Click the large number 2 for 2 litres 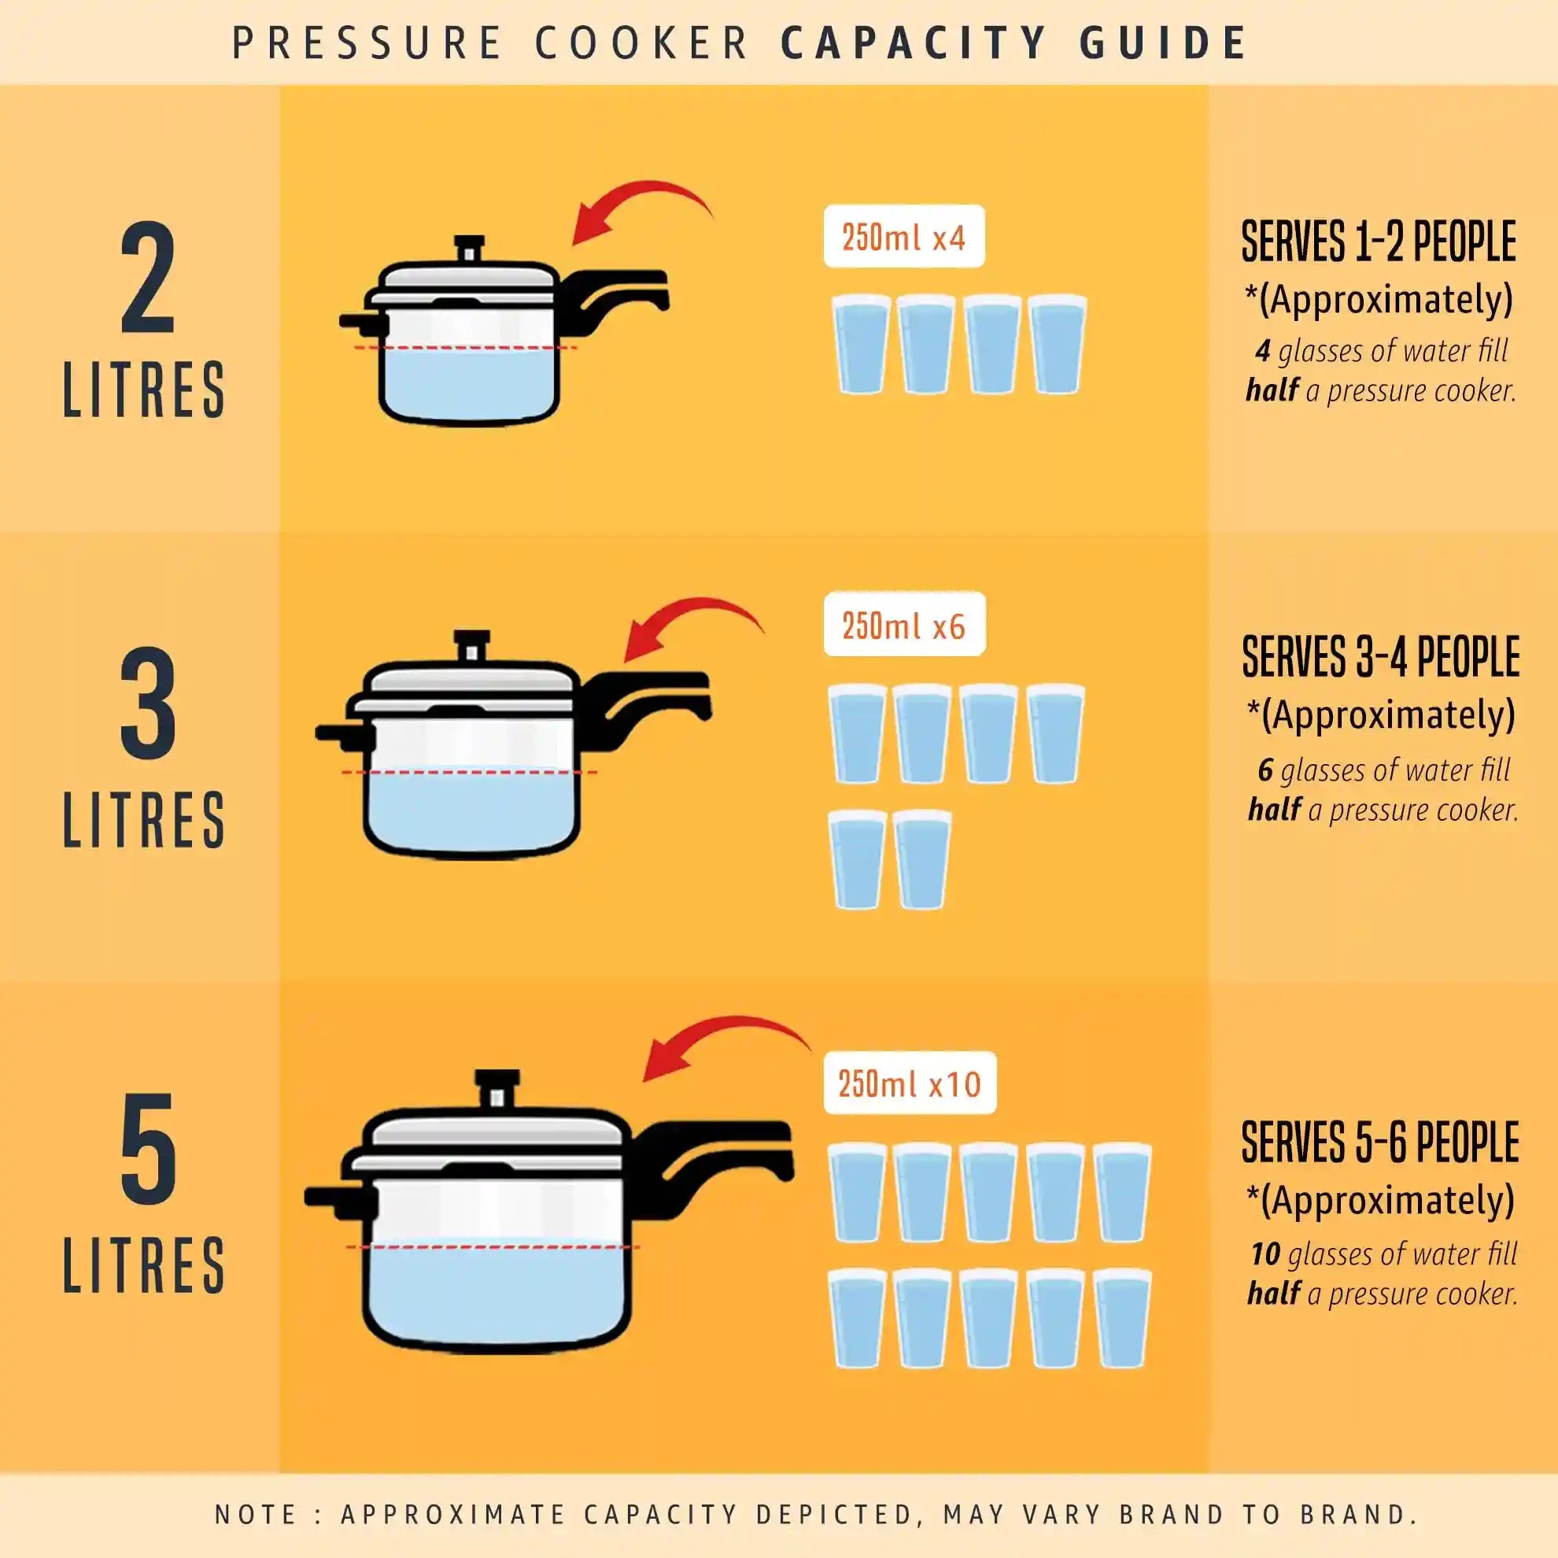tap(149, 279)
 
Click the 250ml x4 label tap(903, 237)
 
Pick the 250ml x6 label tap(903, 626)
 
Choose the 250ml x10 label tap(909, 1084)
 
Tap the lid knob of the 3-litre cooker tap(472, 645)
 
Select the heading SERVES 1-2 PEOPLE tap(1378, 242)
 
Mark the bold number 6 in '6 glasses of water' tap(1265, 771)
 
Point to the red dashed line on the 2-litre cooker tap(466, 348)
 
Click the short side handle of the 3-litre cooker tap(343, 734)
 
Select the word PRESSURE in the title tap(367, 42)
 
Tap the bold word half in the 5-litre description tap(1273, 1294)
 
